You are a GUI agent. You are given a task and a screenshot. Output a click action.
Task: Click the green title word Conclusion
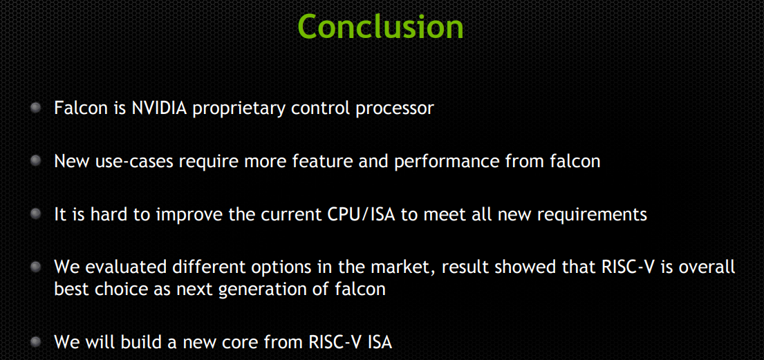(x=381, y=26)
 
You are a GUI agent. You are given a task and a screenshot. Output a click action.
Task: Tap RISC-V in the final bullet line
(x=331, y=341)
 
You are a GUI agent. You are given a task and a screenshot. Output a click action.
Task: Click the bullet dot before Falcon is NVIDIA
(x=36, y=108)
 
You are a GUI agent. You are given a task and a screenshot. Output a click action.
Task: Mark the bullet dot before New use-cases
(x=36, y=161)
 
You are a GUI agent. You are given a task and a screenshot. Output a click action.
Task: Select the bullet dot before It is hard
(x=36, y=214)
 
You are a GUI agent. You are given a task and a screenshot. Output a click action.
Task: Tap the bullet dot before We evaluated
(x=36, y=267)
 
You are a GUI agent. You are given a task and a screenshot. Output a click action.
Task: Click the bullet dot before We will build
(x=36, y=341)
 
